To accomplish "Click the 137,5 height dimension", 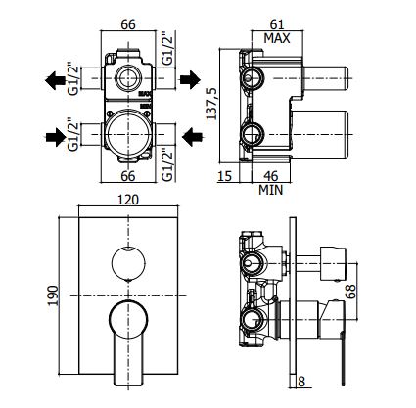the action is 212,104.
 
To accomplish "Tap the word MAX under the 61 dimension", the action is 277,38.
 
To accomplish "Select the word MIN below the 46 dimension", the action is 270,190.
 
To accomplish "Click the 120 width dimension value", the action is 128,200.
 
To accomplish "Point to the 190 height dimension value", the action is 53,295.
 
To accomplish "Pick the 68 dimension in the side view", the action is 350,292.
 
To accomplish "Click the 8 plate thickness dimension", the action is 301,382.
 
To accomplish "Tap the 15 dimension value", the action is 224,176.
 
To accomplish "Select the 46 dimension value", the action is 270,176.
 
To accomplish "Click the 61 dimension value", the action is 277,24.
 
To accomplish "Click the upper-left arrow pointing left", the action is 55,80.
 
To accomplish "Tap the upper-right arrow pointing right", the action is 190,79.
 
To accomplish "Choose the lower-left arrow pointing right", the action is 56,137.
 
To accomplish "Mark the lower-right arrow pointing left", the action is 193,137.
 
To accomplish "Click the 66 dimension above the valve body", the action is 128,24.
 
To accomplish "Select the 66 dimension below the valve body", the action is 128,176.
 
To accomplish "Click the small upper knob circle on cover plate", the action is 128,263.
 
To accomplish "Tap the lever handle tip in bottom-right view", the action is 343,385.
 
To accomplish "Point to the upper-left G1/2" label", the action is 73,80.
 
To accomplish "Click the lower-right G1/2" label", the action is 167,165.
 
